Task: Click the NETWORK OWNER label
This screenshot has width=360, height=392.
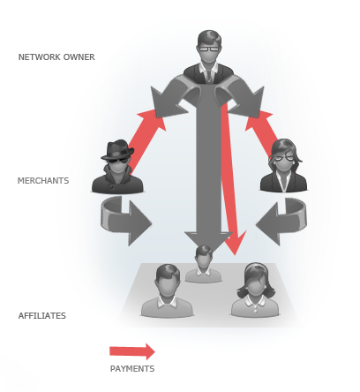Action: [x=56, y=57]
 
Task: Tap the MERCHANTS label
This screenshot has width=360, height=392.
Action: [x=43, y=180]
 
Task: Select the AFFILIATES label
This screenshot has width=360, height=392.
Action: [x=42, y=316]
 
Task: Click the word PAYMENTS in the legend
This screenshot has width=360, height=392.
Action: [x=132, y=369]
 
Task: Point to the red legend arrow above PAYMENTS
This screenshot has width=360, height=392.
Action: [x=132, y=351]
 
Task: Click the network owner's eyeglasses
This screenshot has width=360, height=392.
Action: [x=209, y=49]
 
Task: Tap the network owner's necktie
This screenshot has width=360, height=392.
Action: [x=209, y=76]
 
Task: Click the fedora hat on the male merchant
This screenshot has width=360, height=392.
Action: [x=118, y=149]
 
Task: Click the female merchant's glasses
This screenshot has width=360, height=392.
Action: [x=283, y=158]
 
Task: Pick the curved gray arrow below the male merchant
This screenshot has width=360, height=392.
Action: [x=125, y=220]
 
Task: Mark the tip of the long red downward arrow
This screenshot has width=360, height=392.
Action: [x=235, y=255]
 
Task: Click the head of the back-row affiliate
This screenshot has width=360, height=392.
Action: [x=204, y=257]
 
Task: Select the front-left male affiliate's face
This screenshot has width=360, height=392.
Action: [x=168, y=285]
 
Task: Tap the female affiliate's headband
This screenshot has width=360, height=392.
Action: [x=256, y=267]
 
